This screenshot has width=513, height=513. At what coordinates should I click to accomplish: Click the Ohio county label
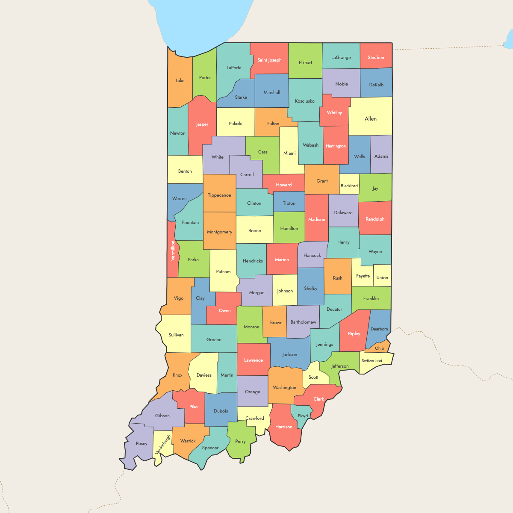click(x=380, y=348)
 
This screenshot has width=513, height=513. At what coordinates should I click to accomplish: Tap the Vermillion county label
click(x=173, y=251)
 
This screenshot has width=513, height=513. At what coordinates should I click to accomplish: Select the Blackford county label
click(x=349, y=186)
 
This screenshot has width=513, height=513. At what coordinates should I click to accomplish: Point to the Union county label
click(x=382, y=277)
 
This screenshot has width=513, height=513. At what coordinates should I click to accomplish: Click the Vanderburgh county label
click(x=163, y=445)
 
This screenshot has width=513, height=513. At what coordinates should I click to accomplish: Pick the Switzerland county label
click(x=372, y=360)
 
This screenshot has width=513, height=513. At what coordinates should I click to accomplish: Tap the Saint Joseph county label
click(x=269, y=60)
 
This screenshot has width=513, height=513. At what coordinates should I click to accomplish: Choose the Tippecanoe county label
click(x=219, y=195)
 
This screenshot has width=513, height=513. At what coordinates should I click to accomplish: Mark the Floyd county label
click(x=303, y=416)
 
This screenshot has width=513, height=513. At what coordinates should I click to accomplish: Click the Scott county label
click(x=313, y=377)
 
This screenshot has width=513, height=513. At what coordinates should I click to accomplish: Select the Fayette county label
click(x=363, y=276)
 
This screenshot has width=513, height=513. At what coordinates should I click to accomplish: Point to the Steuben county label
click(x=376, y=57)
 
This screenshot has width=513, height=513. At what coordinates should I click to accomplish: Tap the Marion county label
click(x=282, y=259)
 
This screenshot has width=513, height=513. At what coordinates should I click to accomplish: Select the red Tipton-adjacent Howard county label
click(x=283, y=185)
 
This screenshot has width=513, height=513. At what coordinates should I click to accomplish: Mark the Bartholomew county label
click(x=303, y=322)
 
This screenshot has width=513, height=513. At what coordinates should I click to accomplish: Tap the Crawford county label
click(x=255, y=418)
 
